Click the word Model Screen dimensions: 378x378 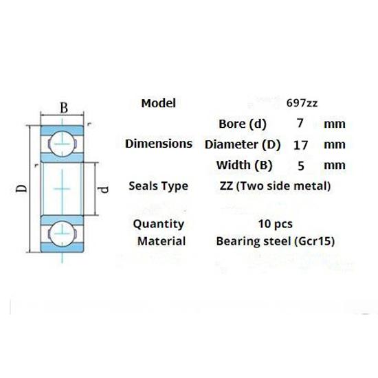[159, 103]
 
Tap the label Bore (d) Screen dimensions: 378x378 [242, 124]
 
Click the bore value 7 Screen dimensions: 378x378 [300, 124]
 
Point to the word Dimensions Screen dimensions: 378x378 [159, 144]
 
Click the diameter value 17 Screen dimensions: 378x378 [300, 145]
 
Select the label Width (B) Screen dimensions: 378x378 [244, 165]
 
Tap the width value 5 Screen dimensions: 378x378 [300, 165]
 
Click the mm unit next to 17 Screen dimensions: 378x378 [334, 145]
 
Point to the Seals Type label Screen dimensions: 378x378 [158, 186]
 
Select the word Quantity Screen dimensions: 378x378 [159, 223]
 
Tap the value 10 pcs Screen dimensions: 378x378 [275, 223]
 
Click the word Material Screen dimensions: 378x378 [161, 241]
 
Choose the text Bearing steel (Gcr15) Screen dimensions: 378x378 [275, 241]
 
